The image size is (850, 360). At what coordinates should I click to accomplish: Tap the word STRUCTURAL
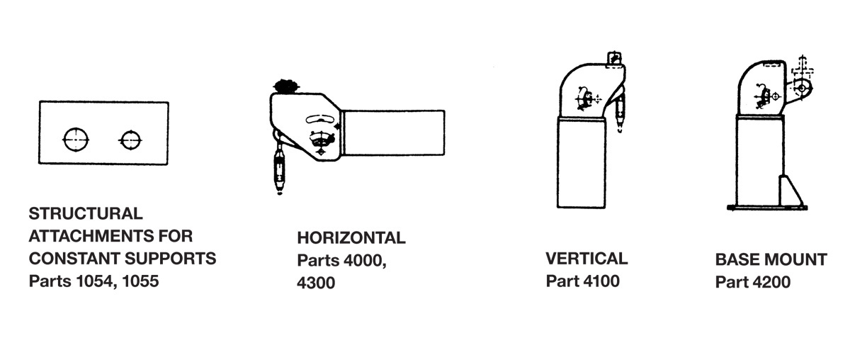coord(86,213)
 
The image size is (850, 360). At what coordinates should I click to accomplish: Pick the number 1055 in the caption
coord(140,281)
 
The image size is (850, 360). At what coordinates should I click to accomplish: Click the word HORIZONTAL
coord(351,238)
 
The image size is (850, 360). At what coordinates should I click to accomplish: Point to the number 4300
coord(316,283)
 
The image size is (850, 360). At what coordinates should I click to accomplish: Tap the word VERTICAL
coord(586,259)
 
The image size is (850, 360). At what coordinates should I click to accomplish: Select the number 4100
coord(601,281)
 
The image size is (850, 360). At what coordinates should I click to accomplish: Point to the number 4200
coord(771,282)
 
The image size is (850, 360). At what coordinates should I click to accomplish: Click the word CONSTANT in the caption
coord(74,259)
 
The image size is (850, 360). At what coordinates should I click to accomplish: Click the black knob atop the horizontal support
coord(285,86)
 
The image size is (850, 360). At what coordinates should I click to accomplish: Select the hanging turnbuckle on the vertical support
coord(620,112)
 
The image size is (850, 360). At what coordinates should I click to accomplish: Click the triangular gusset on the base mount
coord(790,191)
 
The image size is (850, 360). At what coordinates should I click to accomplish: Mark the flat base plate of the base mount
coord(767,208)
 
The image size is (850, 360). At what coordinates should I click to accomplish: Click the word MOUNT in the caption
coord(794,260)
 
